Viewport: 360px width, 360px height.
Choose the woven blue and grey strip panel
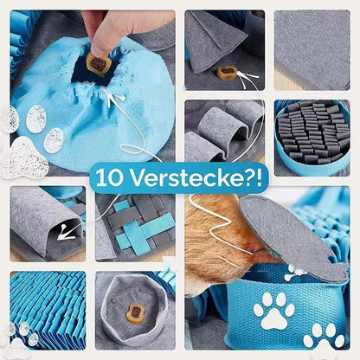[134, 228]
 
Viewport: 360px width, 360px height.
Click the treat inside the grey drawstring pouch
[135, 313]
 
